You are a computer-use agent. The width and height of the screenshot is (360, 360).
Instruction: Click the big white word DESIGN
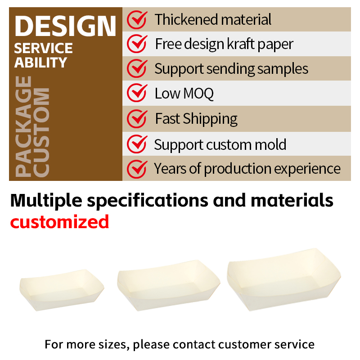point(65,26)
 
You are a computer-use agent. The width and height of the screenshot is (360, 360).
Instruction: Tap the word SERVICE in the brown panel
point(43,48)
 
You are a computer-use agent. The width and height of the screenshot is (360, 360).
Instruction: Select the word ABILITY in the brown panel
point(40,63)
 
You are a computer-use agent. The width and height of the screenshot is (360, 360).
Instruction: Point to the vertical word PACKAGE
point(23,126)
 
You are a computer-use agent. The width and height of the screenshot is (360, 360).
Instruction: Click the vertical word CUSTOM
point(41,132)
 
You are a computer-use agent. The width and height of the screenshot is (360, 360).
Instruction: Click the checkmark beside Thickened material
point(137,19)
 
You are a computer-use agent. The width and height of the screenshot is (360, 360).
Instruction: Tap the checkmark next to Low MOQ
point(137,93)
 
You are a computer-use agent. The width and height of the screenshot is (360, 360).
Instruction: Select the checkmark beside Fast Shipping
point(137,118)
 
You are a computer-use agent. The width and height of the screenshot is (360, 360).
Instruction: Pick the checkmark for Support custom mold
point(137,144)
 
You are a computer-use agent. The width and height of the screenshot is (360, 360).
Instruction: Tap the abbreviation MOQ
point(198,94)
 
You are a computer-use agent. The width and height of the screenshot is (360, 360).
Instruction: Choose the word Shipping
point(210,119)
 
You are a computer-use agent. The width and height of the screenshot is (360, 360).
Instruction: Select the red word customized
point(59,222)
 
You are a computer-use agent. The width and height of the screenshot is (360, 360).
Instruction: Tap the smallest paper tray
point(62,290)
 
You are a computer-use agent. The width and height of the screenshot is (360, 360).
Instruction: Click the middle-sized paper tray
point(168,285)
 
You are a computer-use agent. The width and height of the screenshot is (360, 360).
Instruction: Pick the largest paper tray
point(284,279)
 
